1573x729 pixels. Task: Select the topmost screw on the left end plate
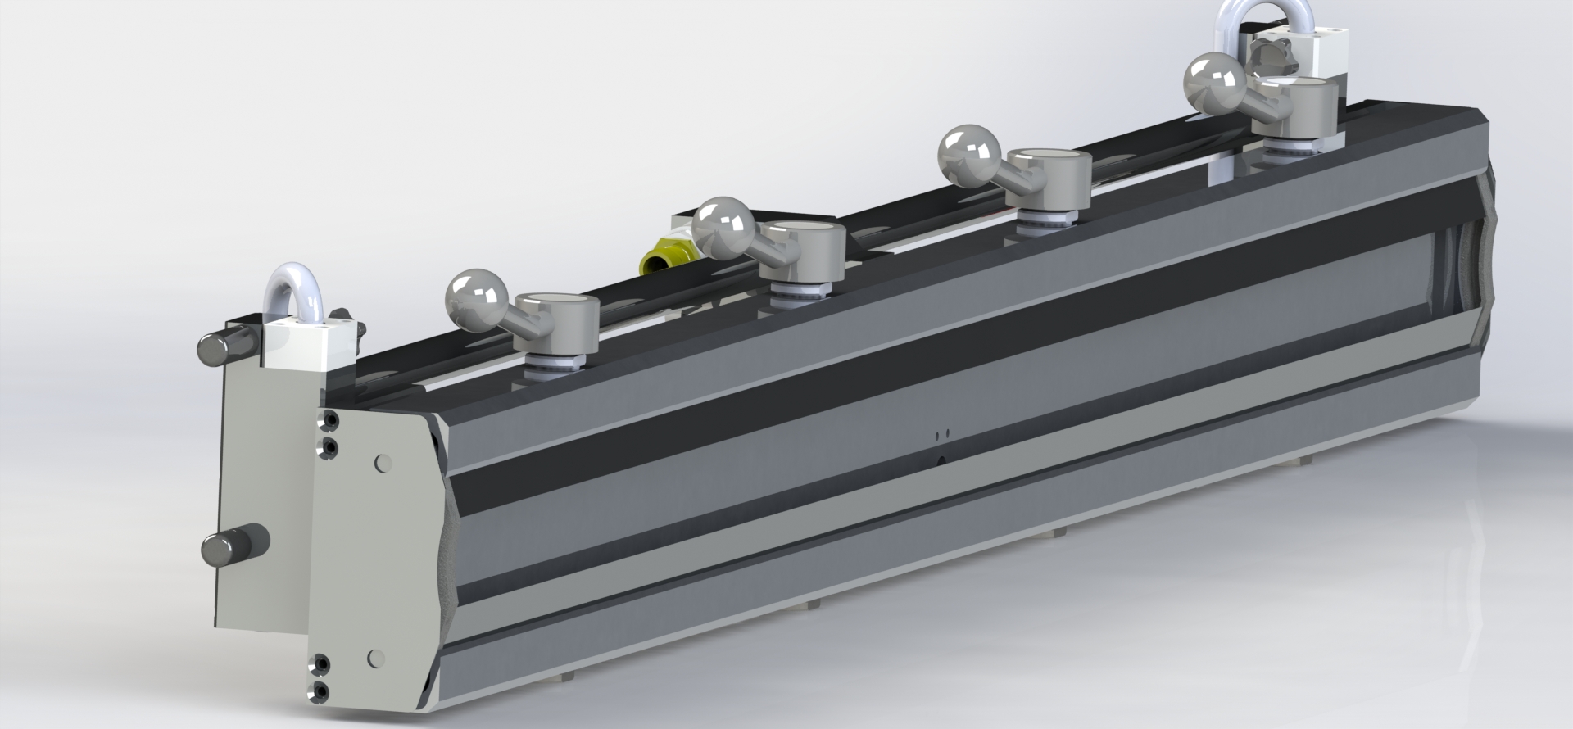(329, 421)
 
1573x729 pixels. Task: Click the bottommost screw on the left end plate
(320, 692)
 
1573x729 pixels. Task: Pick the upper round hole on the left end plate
(381, 463)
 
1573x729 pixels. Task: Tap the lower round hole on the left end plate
(376, 657)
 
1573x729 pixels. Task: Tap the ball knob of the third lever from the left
(969, 154)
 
